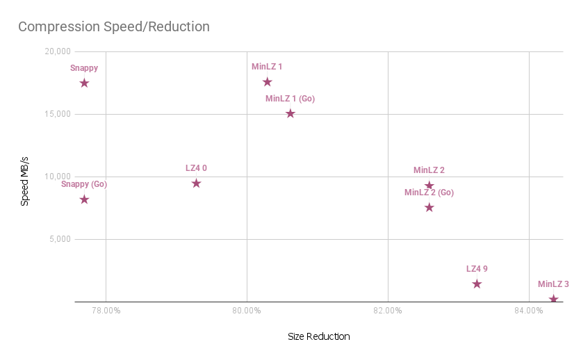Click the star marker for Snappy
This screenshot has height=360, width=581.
[x=85, y=83]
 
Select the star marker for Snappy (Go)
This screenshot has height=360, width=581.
[x=85, y=199]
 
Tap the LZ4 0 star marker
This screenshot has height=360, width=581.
[x=197, y=183]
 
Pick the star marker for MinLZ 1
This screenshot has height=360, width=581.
[x=267, y=82]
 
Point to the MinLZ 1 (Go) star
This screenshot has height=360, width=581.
[x=290, y=114]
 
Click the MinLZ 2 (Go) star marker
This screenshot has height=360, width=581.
[x=429, y=207]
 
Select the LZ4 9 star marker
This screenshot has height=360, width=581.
[x=477, y=284]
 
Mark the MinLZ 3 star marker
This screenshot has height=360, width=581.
[x=553, y=299]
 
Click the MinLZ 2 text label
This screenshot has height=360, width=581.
[x=429, y=170]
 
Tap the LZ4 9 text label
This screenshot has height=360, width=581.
[x=477, y=269]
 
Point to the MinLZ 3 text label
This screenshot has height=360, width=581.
[x=553, y=284]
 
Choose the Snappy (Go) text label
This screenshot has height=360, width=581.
[x=84, y=184]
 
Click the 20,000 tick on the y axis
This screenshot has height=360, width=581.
[x=58, y=51]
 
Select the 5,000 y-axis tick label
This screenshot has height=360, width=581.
[x=60, y=239]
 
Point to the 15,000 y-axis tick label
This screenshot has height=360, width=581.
[x=58, y=114]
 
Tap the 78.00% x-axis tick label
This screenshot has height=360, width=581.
[x=106, y=311]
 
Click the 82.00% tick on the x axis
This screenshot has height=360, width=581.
[x=388, y=311]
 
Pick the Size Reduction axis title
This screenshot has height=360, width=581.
[x=319, y=336]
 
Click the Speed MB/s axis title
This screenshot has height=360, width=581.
[x=24, y=181]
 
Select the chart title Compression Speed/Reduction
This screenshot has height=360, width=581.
[x=114, y=26]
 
